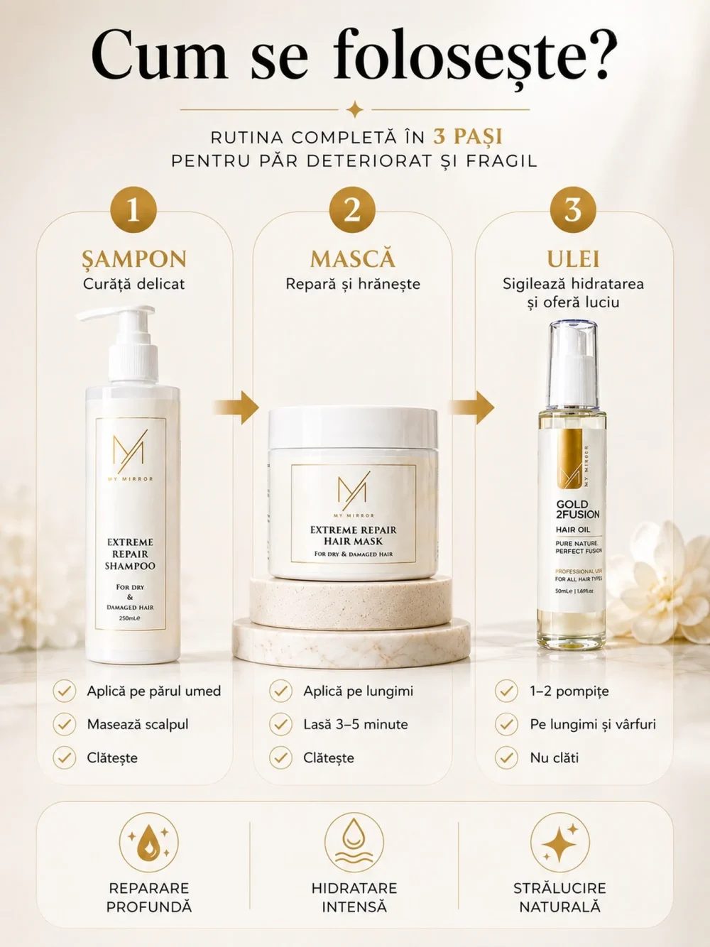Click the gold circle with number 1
133,210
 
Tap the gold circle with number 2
352,210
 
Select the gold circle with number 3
573,210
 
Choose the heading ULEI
573,259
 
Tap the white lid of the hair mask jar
353,428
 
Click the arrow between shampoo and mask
236,407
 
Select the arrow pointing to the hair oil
471,407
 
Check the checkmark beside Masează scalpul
65,724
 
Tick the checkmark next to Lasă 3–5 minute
280,724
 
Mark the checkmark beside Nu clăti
506,757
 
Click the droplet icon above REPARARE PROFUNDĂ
148,843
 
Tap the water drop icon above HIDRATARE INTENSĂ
354,843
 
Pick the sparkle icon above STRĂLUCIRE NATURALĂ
560,843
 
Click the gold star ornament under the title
354,109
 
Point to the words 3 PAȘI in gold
468,137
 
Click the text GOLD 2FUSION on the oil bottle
577,509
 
